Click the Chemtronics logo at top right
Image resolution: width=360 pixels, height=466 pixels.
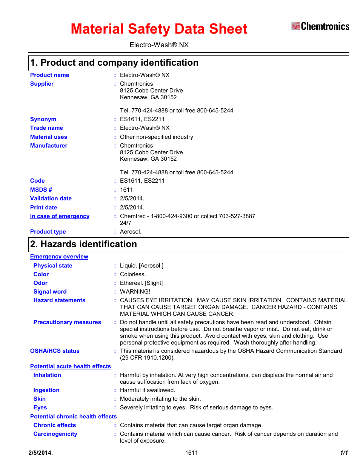tap(320, 26)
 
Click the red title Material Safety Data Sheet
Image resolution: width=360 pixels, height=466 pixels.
tap(159, 29)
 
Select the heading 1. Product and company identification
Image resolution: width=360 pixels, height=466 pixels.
tap(114, 63)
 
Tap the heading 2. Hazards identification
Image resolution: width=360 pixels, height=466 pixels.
tap(83, 244)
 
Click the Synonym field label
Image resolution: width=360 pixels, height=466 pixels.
tap(43, 119)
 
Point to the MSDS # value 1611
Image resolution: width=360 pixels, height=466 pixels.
tap(126, 190)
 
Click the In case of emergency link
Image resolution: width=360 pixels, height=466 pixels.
tap(60, 216)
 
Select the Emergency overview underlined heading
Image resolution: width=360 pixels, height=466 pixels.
tap(59, 257)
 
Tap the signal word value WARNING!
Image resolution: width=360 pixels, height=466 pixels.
tap(135, 292)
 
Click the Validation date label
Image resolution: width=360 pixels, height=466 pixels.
tap(51, 198)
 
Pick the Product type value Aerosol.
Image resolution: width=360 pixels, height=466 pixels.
tap(131, 232)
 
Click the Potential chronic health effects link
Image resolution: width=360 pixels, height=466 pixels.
tap(74, 417)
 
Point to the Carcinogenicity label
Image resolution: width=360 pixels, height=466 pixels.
tap(55, 434)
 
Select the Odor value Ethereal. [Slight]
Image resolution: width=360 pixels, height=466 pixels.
tap(142, 283)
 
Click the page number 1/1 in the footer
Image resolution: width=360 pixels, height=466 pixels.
tap(344, 453)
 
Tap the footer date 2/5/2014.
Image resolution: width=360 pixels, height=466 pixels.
tap(40, 453)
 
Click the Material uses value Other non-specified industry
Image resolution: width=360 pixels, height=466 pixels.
tap(157, 137)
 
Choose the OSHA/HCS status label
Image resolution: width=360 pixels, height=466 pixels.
tap(55, 351)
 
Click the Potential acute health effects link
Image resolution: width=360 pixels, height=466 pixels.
tap(71, 366)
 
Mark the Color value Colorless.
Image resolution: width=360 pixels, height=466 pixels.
tap(133, 274)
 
